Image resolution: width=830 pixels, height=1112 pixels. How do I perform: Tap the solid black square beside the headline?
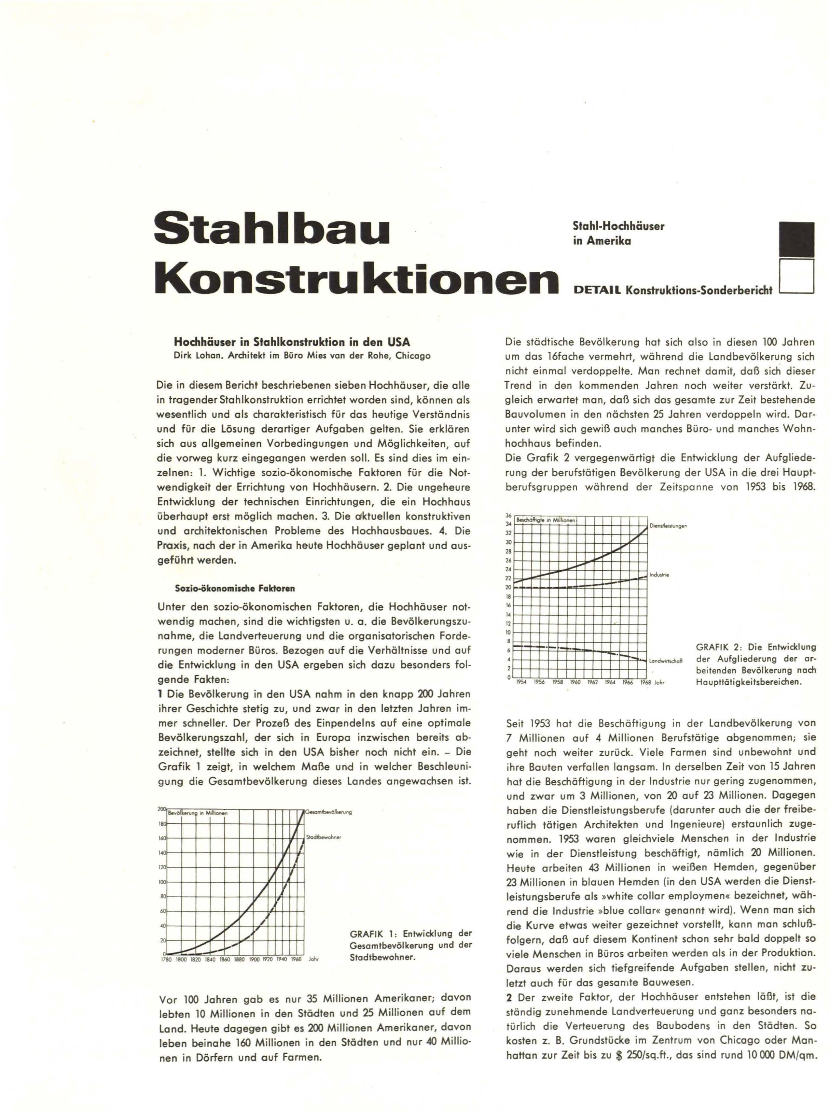(796, 240)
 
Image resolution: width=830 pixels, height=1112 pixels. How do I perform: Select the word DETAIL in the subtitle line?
(597, 290)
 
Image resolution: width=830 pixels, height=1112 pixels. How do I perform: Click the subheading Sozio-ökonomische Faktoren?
(235, 588)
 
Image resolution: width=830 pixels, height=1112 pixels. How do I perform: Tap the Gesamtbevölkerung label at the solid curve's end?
(329, 812)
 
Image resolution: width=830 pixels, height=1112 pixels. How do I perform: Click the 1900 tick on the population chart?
(254, 959)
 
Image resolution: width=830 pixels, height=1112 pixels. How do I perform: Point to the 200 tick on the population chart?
(162, 809)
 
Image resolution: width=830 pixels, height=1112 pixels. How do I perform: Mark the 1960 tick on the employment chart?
(575, 683)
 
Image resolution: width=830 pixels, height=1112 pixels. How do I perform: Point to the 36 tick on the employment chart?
(508, 516)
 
